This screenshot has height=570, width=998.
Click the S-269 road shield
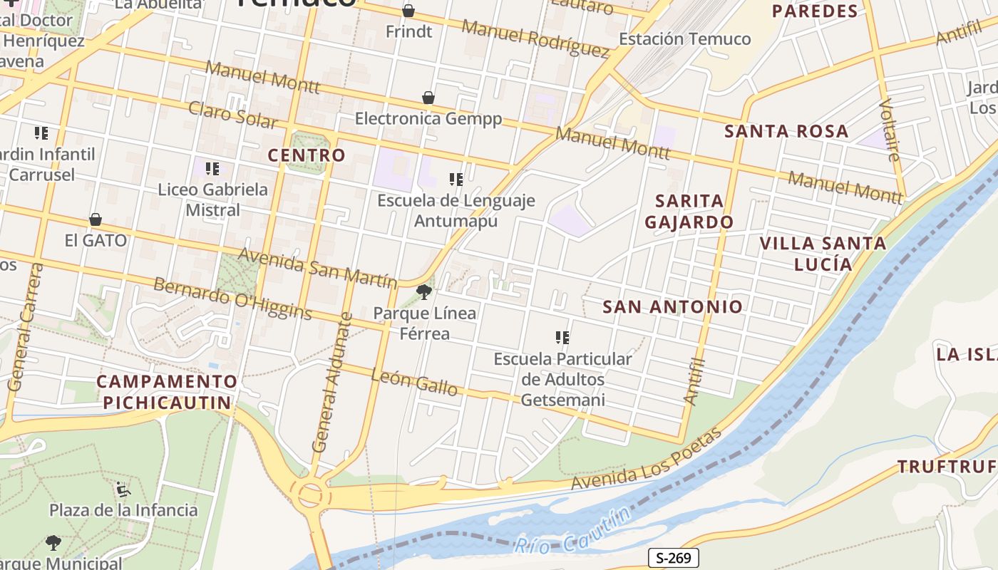(x=673, y=558)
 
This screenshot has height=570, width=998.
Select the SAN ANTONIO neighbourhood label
(x=672, y=307)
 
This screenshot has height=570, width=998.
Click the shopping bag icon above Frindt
(x=408, y=11)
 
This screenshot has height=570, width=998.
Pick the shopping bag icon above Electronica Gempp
(x=428, y=98)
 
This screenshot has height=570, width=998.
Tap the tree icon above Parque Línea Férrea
(x=424, y=291)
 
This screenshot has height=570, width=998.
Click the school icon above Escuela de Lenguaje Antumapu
(x=456, y=180)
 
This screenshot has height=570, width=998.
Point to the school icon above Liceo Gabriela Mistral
(x=212, y=169)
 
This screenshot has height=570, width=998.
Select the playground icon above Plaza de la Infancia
(x=123, y=489)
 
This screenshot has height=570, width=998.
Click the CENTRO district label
(x=307, y=155)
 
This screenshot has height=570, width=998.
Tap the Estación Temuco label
(x=684, y=39)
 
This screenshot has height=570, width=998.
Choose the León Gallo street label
(x=414, y=383)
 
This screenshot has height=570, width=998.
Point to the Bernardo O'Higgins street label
(x=232, y=298)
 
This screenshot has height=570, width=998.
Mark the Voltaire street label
(x=890, y=130)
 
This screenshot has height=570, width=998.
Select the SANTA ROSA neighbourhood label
(x=786, y=132)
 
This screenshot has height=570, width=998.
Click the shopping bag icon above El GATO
(x=96, y=219)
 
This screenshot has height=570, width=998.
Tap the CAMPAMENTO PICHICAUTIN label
(x=167, y=392)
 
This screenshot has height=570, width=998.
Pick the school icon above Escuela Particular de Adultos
(x=562, y=338)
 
